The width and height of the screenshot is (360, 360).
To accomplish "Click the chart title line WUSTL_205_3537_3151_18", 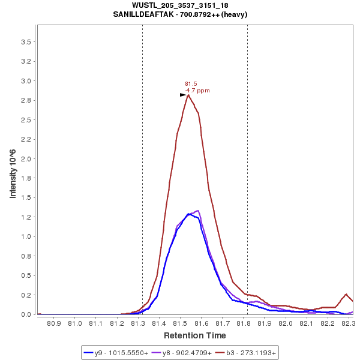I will pos(180,5).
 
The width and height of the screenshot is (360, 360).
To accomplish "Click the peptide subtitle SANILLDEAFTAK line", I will pos(180,14).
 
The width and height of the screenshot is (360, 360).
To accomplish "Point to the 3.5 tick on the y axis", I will pos(26,42).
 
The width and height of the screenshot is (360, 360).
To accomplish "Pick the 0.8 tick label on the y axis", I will pos(26,256).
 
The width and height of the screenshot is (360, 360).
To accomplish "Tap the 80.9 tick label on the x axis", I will pos(54,323).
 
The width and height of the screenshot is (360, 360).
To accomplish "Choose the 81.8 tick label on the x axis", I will pos(244,323).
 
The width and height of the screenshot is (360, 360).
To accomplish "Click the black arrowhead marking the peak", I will pos(184,95).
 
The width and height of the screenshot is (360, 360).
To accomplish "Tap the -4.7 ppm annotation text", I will pos(197,91).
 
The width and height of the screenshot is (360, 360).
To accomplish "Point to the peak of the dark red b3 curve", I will pos(188,95).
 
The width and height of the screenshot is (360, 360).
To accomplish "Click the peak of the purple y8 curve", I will pos(197,211).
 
